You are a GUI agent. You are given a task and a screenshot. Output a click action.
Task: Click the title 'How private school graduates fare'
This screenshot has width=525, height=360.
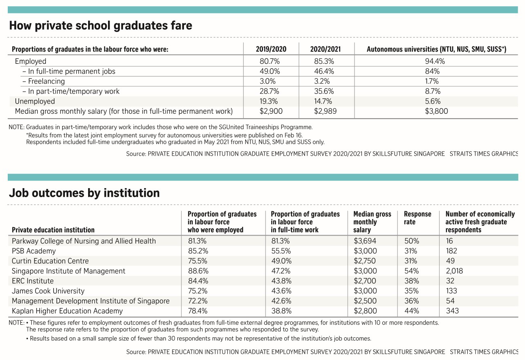pyautogui.click(x=100, y=26)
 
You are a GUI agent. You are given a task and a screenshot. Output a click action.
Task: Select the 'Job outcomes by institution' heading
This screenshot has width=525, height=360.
pyautogui.click(x=84, y=193)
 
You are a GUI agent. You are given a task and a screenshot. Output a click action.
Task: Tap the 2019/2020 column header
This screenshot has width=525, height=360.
pyautogui.click(x=271, y=49)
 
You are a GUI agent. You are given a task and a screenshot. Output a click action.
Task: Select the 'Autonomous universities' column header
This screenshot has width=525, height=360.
pyautogui.click(x=436, y=49)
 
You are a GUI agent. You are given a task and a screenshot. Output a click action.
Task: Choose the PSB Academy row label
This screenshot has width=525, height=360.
pyautogui.click(x=34, y=251)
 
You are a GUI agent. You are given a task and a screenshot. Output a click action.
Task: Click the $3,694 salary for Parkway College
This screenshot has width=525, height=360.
pyautogui.click(x=365, y=241)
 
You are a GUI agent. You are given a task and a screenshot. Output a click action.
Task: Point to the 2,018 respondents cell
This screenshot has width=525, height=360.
pyautogui.click(x=454, y=271)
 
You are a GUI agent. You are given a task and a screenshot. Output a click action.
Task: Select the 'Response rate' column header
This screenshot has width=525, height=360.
pyautogui.click(x=417, y=218)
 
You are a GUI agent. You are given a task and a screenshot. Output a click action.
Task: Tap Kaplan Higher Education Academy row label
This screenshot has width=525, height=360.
pyautogui.click(x=67, y=311)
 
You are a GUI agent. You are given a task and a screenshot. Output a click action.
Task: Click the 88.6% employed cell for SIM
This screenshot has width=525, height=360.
pyautogui.click(x=198, y=271)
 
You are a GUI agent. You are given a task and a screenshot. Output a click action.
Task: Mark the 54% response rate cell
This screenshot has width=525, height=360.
pyautogui.click(x=411, y=271)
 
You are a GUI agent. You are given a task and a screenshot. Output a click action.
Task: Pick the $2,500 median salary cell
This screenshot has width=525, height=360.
pyautogui.click(x=365, y=301)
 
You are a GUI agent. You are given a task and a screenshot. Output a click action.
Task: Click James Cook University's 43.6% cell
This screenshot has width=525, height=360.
pyautogui.click(x=281, y=291)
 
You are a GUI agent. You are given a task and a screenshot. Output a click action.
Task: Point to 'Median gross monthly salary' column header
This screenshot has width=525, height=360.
pyautogui.click(x=372, y=222)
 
